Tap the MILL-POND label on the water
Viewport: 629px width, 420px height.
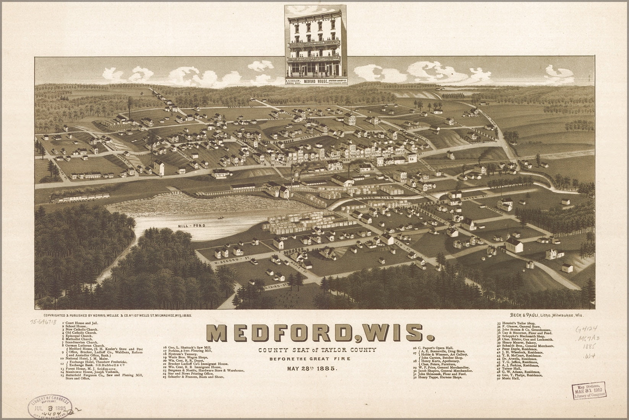pyautogui.click(x=191, y=226)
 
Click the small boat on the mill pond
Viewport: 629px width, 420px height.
pyautogui.click(x=220, y=218)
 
